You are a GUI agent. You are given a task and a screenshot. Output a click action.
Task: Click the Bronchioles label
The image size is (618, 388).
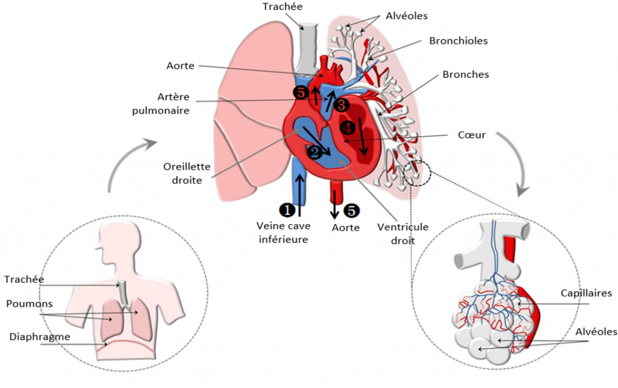coord(459,40)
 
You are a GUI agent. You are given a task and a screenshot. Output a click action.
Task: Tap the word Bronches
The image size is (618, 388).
coord(465,74)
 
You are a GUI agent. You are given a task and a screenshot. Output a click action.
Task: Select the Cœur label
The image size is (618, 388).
coord(471,135)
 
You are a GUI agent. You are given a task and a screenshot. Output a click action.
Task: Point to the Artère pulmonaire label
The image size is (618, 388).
coord(161,103)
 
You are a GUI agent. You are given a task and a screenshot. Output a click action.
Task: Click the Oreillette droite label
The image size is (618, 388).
coord(187,173)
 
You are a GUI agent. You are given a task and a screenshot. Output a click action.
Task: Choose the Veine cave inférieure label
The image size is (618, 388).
coord(284,233)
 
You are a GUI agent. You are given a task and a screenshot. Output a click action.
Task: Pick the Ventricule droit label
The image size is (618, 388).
coord(403,234)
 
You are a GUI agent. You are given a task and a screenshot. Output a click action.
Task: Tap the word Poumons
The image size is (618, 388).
coord(29,303)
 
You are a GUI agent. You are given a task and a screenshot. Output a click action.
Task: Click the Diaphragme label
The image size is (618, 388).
coord(40,337)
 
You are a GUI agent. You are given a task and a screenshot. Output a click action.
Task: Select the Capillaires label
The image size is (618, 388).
coord(586,293)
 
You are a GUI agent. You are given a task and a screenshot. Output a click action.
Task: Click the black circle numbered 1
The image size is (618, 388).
coord(287,210)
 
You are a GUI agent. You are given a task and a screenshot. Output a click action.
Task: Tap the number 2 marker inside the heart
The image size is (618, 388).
coord(314,152)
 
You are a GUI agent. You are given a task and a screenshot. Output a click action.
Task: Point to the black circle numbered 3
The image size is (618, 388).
coord(341,105)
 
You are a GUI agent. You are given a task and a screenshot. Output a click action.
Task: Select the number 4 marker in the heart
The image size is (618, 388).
coord(348,128)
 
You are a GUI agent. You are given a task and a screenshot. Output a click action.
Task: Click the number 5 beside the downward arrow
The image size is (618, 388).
coord(351,210)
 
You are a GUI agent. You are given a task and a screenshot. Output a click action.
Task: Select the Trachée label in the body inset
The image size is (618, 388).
coord(24,279)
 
